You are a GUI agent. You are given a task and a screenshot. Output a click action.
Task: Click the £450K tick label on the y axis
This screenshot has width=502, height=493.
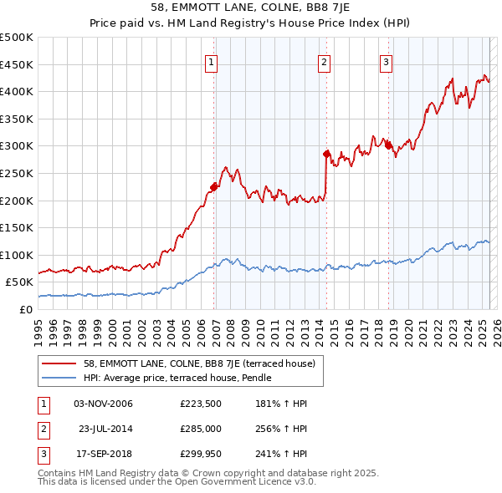click(17, 64)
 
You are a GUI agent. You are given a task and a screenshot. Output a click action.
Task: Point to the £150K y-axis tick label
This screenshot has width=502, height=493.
click(17, 227)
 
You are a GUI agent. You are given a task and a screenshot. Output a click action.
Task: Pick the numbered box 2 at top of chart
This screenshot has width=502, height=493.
click(324, 61)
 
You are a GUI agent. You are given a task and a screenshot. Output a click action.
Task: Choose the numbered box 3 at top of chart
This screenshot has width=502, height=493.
click(386, 61)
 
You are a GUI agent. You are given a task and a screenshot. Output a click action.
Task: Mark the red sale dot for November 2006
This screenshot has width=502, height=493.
click(214, 187)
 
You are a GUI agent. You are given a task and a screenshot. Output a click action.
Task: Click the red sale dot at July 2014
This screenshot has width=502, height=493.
click(327, 154)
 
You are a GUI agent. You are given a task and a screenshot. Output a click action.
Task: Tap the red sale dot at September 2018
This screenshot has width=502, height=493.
click(389, 146)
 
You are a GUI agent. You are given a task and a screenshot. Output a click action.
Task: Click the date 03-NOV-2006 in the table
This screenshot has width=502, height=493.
click(103, 404)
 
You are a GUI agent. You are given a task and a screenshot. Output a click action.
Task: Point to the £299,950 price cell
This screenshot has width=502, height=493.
click(200, 454)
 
